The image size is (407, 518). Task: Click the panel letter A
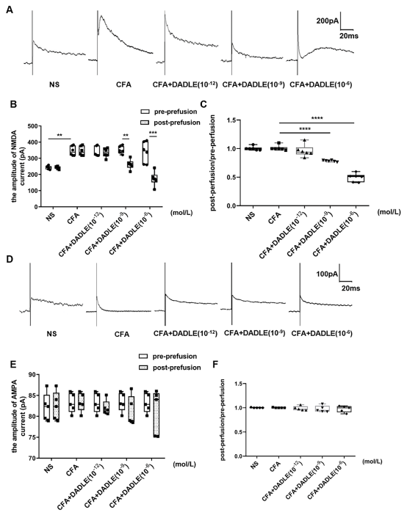pos(10,10)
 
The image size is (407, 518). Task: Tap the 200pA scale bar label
pos(327,21)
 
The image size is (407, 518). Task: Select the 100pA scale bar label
pos(327,274)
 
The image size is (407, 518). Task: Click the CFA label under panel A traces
pos(123,84)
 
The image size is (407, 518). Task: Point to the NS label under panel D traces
pos(51,334)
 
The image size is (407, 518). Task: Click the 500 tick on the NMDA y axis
pos(32,126)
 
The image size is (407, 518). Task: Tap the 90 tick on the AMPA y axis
pos(32,374)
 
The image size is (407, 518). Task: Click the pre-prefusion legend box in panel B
pos(144,112)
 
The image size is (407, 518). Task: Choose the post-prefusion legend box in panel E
pos(143,368)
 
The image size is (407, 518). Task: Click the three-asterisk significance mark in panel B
pos(153,133)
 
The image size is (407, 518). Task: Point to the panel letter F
pos(215,365)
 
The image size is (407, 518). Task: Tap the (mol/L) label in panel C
pos(389,212)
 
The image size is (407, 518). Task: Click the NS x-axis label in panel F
pos(254,466)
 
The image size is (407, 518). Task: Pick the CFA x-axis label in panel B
pos(73,219)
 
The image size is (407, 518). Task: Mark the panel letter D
pos(10,259)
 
